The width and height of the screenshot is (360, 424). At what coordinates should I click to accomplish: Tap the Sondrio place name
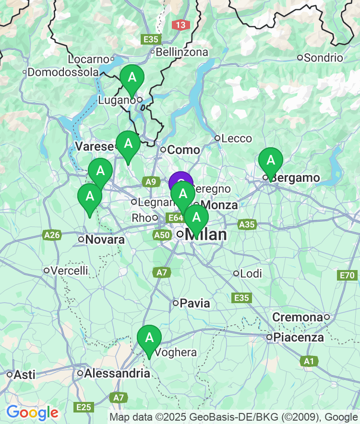(324, 58)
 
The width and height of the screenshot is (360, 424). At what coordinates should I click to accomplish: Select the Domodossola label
(63, 72)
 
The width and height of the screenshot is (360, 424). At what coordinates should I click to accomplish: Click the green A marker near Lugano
(132, 78)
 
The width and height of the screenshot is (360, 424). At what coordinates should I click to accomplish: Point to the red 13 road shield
(180, 25)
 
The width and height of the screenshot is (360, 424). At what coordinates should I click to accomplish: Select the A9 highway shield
(151, 181)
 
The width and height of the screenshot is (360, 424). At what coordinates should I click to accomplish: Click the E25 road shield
(84, 407)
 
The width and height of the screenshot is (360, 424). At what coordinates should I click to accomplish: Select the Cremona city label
(297, 318)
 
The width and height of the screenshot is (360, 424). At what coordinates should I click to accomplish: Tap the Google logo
(32, 412)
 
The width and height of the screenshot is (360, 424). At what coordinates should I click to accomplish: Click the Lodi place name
(251, 273)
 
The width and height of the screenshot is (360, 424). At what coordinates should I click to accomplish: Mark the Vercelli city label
(70, 271)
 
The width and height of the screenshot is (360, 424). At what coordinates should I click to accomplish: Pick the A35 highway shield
(247, 224)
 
